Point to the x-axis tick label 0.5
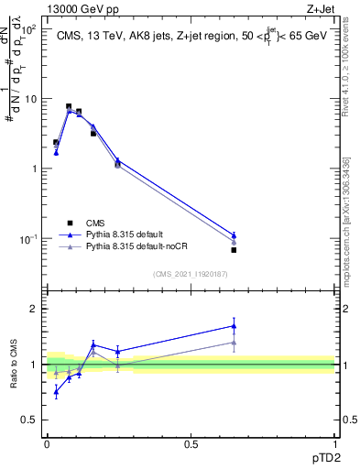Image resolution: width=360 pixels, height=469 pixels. [191, 442]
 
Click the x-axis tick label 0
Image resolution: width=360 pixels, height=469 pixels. [47, 442]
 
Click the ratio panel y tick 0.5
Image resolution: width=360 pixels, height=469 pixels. [29, 420]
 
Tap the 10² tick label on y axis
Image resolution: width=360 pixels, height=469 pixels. [29, 29]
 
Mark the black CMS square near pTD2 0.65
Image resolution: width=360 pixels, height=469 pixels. [234, 250]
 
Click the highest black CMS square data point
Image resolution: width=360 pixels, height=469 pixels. [69, 106]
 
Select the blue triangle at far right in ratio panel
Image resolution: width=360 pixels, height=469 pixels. [234, 325]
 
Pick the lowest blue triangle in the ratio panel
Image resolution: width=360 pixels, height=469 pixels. [56, 391]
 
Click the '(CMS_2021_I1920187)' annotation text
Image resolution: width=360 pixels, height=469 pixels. [191, 274]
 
